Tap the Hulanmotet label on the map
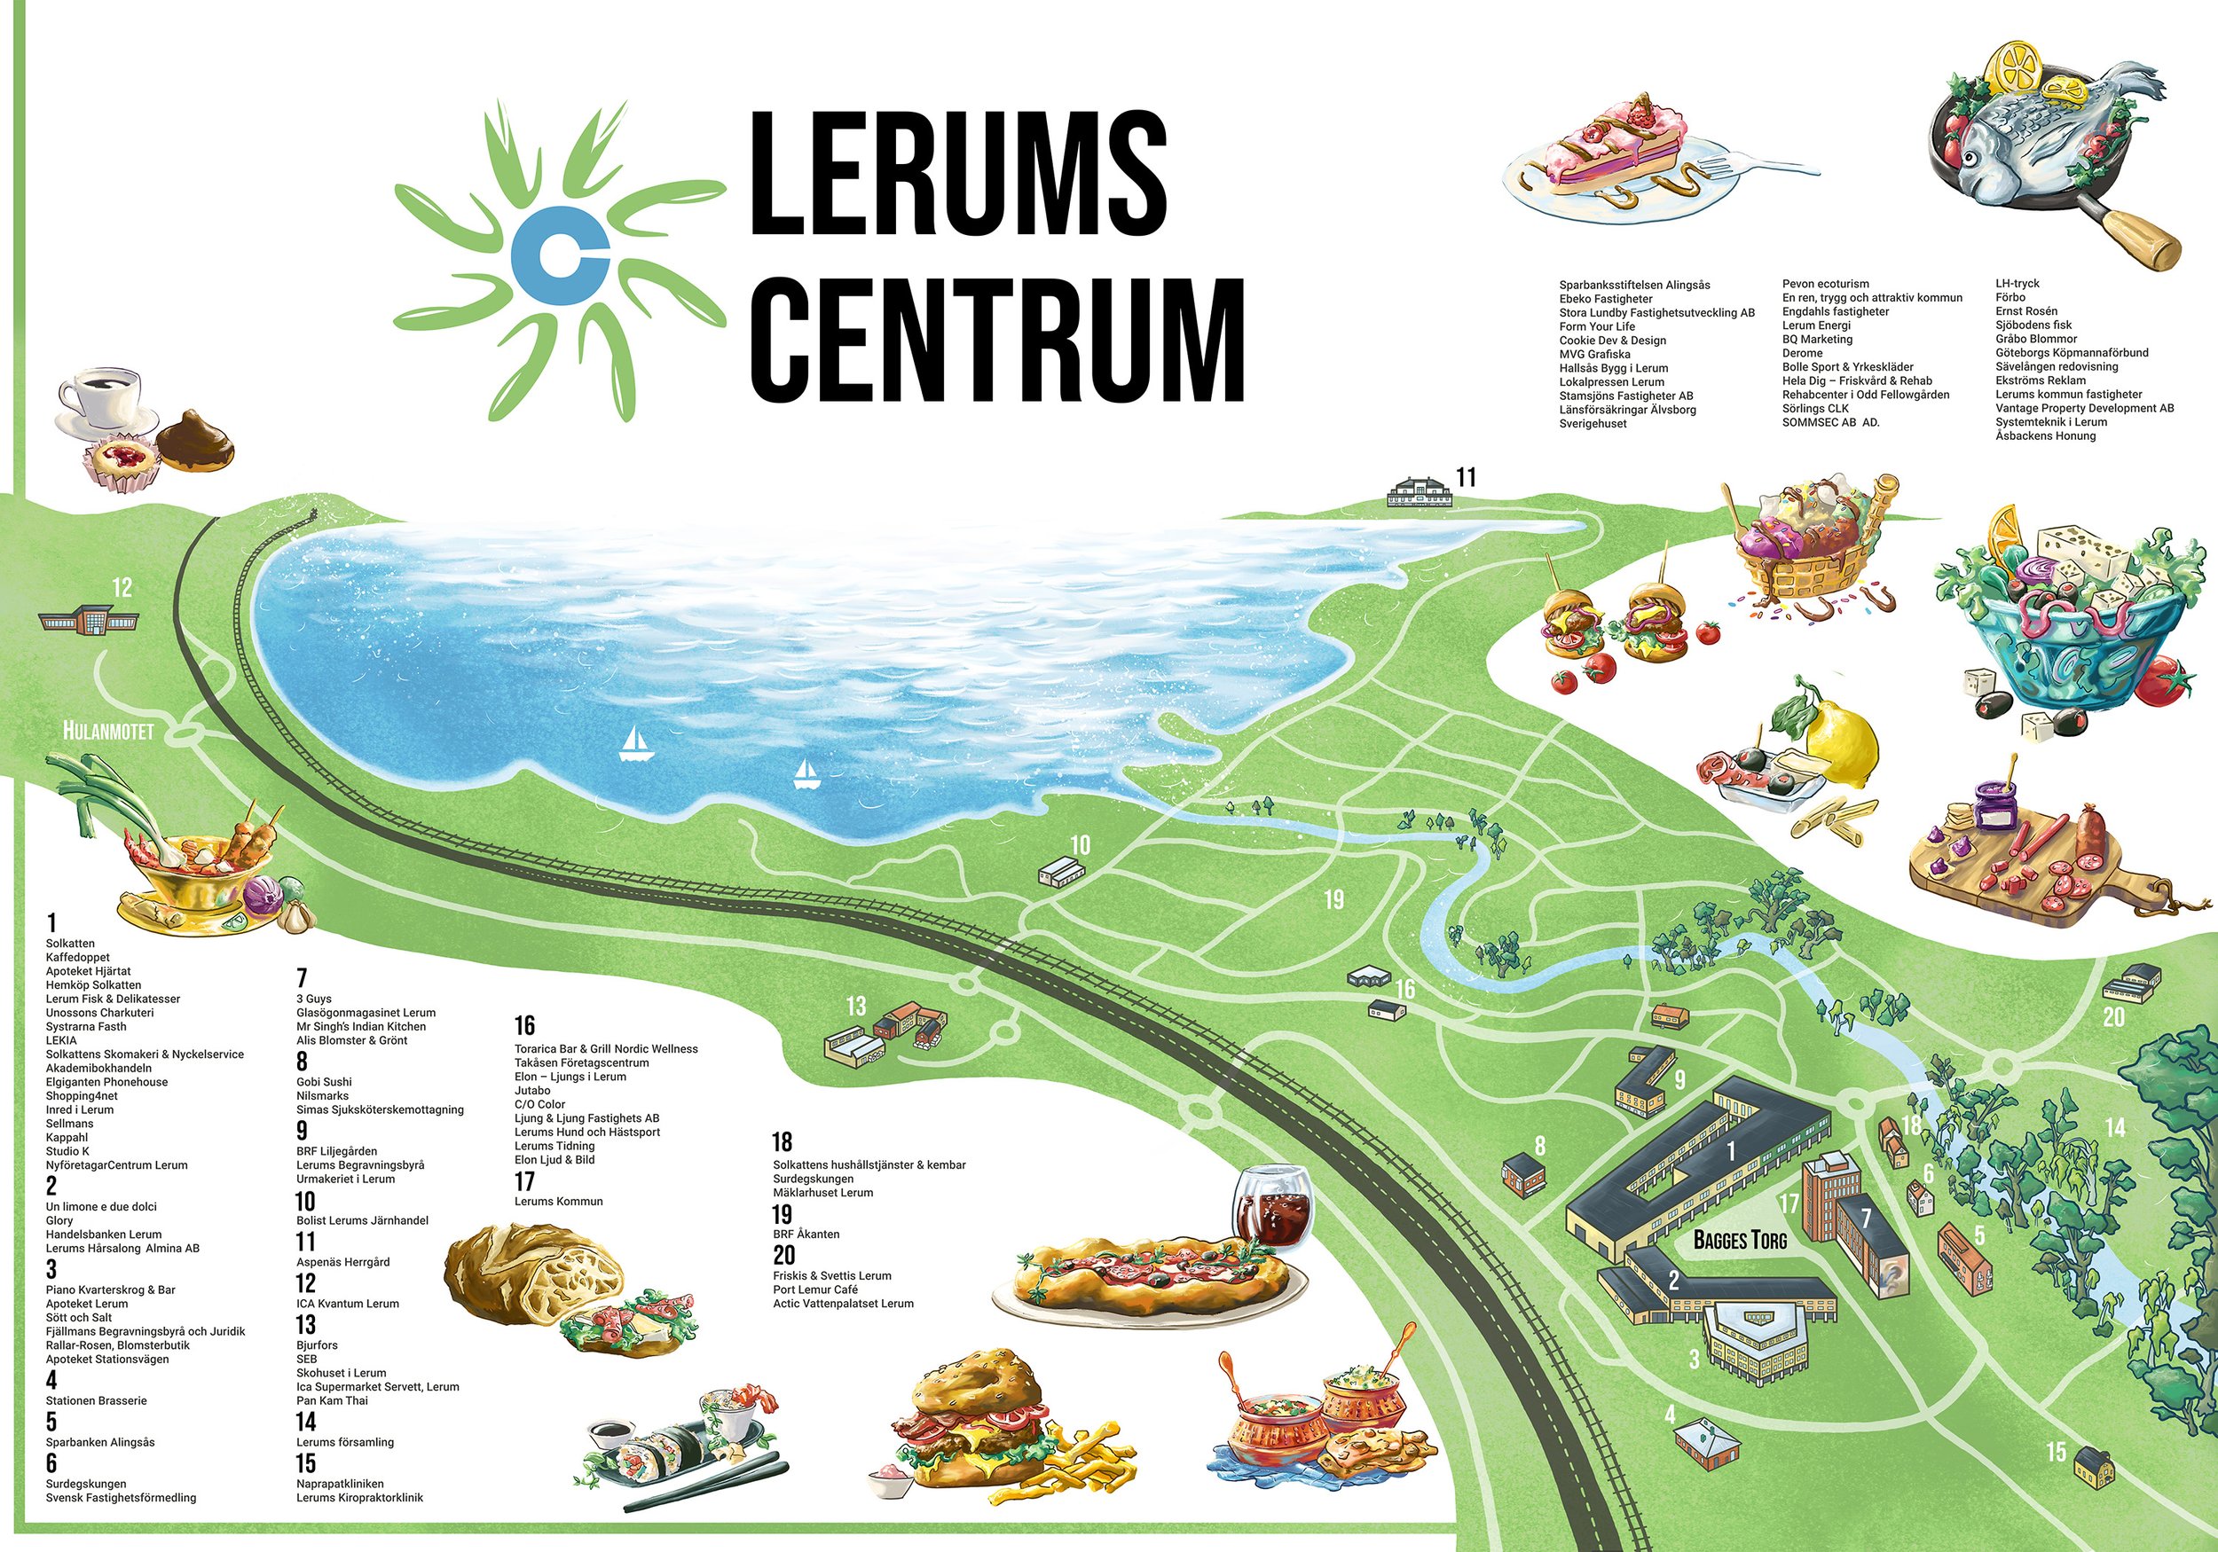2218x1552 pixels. [108, 731]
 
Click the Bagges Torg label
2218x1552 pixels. [1740, 1239]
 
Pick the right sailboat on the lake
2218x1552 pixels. [806, 773]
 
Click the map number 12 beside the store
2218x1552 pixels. [122, 587]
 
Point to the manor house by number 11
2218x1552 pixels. [1420, 491]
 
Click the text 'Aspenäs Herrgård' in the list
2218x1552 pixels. [343, 1262]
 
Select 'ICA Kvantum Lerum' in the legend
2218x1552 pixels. [348, 1304]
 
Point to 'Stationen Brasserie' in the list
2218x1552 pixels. [97, 1400]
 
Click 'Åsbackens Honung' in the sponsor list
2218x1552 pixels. [2045, 436]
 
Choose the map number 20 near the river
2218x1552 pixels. [2113, 1017]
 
